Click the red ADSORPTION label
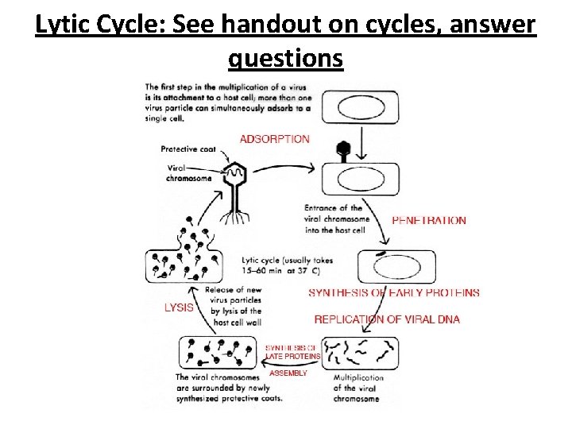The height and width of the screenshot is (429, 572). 274,139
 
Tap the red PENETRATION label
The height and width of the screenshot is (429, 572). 429,220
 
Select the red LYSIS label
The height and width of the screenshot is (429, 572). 179,307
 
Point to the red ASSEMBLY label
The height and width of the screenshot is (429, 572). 288,373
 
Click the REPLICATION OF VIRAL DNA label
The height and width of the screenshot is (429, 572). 387,319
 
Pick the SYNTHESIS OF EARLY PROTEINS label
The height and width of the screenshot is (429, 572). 394,292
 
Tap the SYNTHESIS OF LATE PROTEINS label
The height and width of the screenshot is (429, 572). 292,352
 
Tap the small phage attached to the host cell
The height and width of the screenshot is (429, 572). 344,150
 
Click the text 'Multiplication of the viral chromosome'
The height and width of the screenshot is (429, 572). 358,388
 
